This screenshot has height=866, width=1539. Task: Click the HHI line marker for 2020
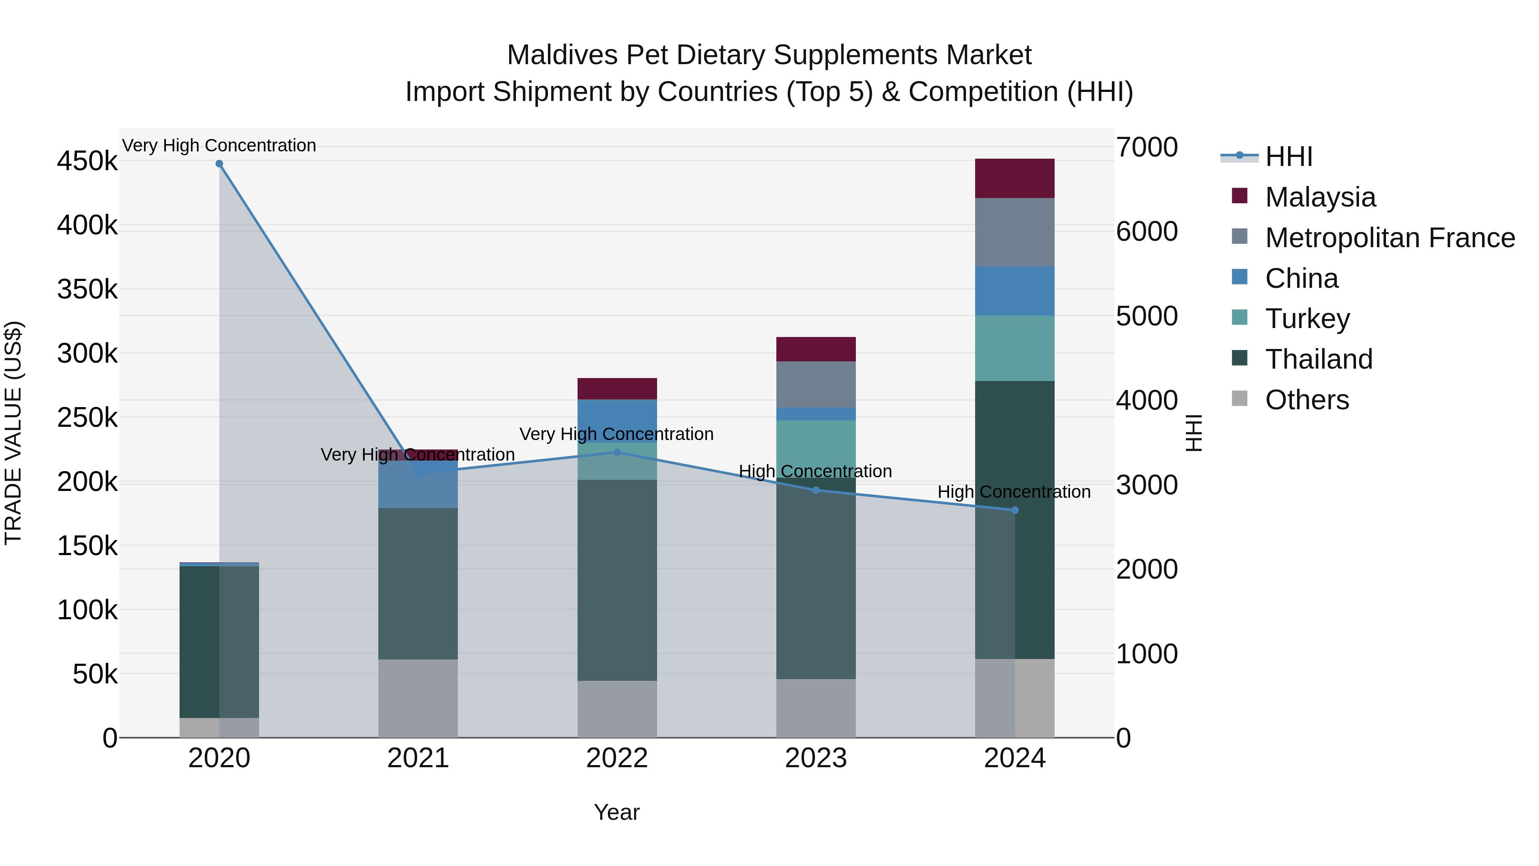click(219, 164)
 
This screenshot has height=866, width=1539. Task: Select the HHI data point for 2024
click(1014, 510)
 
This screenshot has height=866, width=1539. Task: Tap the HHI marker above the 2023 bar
click(816, 490)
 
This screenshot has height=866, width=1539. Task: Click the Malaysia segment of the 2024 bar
click(1014, 178)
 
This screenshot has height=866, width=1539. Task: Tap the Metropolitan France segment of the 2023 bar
click(816, 384)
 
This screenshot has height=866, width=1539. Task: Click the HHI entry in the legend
click(1288, 157)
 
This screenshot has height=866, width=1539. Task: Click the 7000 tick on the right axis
click(1147, 147)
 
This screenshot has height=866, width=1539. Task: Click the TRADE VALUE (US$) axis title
click(13, 433)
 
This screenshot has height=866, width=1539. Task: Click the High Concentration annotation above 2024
click(1014, 492)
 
